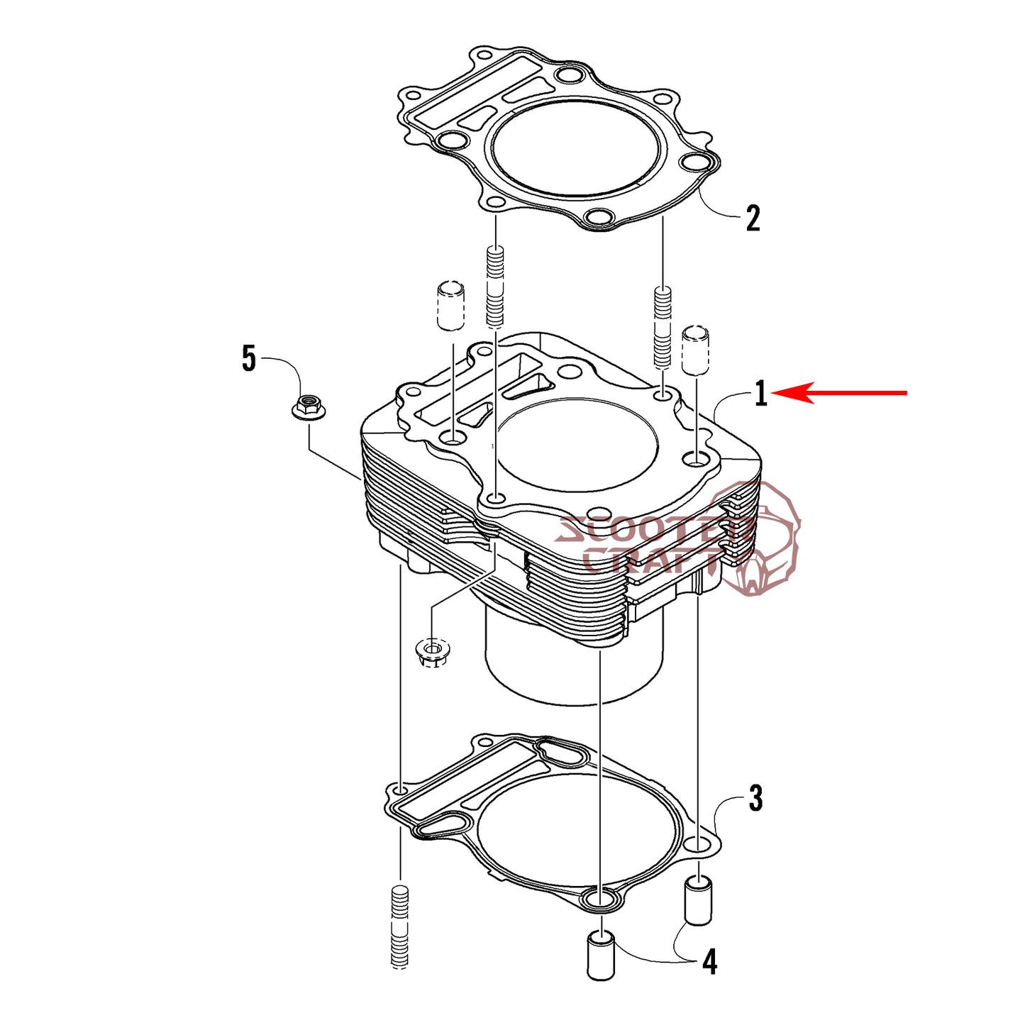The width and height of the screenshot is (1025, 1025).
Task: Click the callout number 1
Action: (x=760, y=394)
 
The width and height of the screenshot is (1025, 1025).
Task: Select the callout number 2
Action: (x=752, y=218)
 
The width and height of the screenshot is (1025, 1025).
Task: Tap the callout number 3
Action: (x=756, y=799)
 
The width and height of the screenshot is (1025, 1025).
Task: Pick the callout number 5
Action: (x=248, y=358)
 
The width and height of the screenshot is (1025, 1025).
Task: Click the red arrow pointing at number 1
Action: (x=840, y=393)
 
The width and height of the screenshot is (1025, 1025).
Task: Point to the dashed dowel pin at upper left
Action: (x=450, y=306)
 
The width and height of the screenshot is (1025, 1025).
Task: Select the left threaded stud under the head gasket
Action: (x=495, y=288)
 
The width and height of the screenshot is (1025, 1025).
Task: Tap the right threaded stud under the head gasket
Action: (x=663, y=328)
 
